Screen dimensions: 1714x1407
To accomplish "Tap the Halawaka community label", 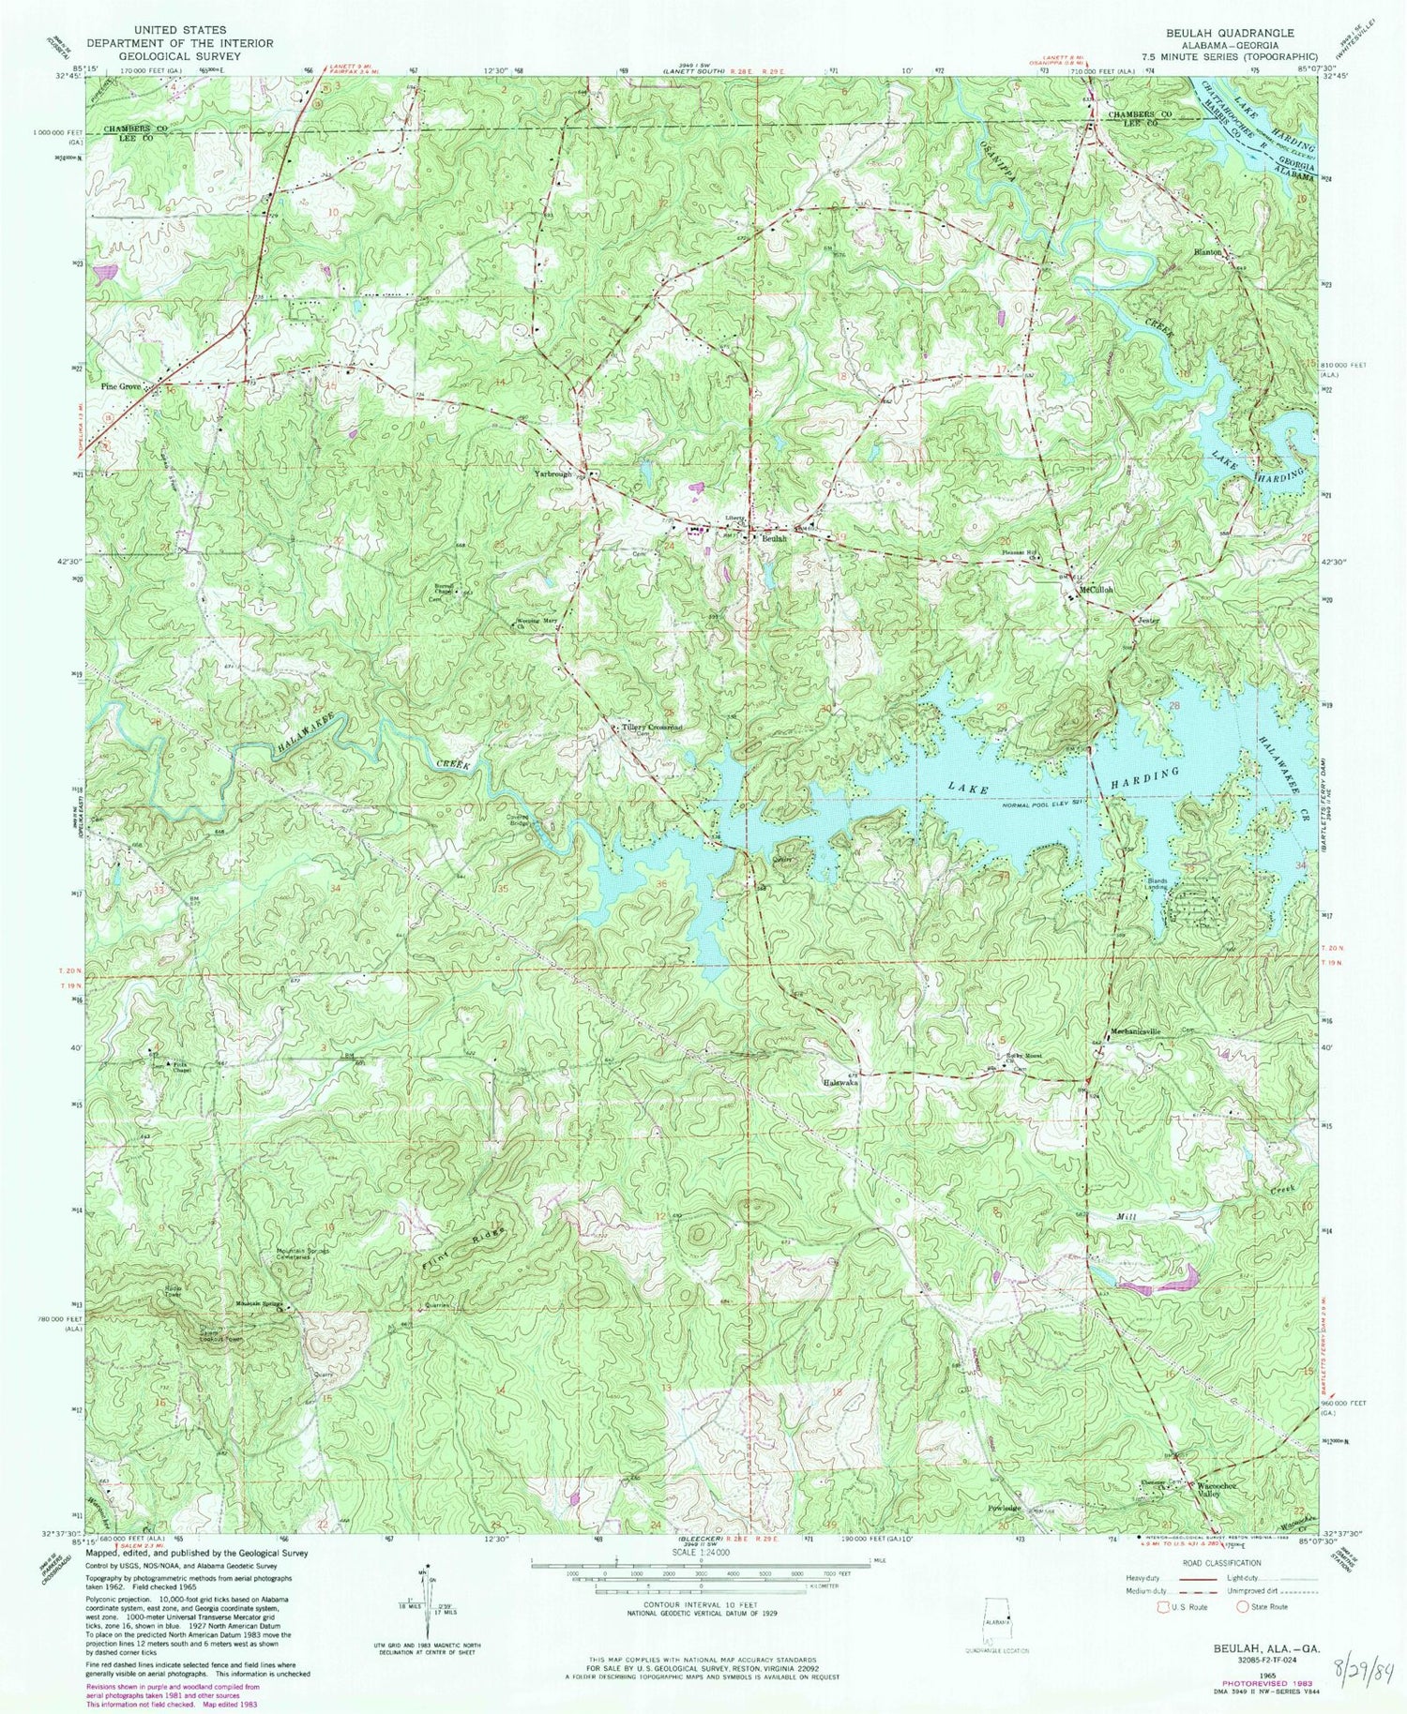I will (x=840, y=1082).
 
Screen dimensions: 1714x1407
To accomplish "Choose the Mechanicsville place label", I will (x=1135, y=1031).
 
